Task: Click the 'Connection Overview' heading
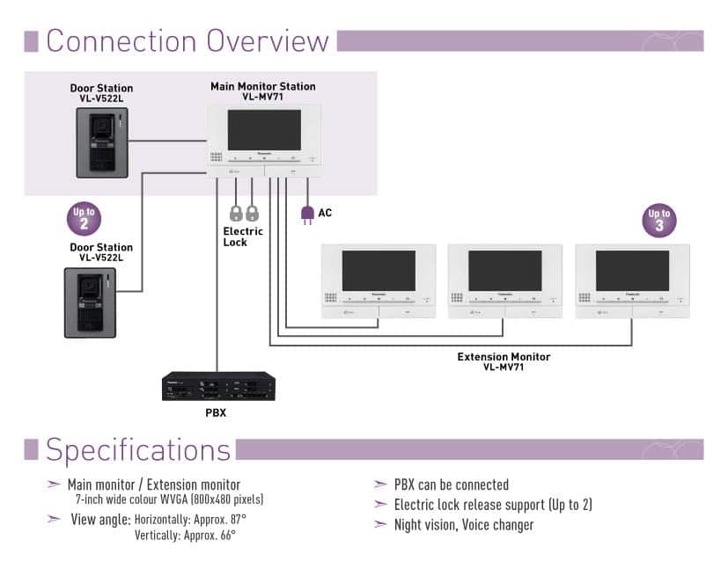pyautogui.click(x=188, y=40)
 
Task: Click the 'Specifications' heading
pyautogui.click(x=138, y=448)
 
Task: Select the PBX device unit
pyautogui.click(x=218, y=386)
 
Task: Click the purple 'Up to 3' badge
pyautogui.click(x=659, y=220)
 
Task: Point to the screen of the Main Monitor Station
pyautogui.click(x=264, y=130)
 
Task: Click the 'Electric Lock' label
pyautogui.click(x=242, y=237)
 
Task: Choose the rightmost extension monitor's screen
pyautogui.click(x=632, y=271)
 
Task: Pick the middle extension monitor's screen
pyautogui.click(x=504, y=271)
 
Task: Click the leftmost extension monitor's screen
pyautogui.click(x=378, y=271)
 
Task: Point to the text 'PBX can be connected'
pyautogui.click(x=451, y=484)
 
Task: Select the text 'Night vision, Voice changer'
pyautogui.click(x=463, y=525)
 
